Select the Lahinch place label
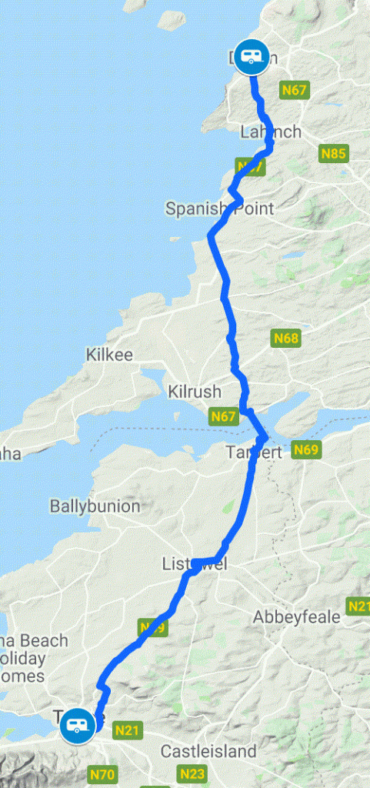click(270, 132)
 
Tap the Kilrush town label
click(198, 390)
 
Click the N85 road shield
click(333, 154)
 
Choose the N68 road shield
click(285, 338)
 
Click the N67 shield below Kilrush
click(222, 416)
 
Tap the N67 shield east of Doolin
click(295, 90)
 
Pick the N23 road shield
click(193, 773)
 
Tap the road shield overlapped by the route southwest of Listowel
click(153, 627)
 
